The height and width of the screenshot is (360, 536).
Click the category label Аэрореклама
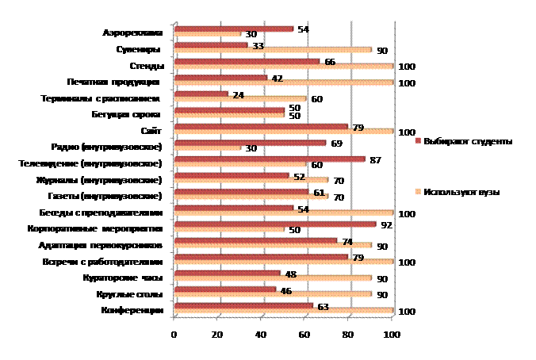(x=133, y=33)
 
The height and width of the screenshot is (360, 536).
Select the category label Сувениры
(x=144, y=50)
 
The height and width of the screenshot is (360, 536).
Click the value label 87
(x=376, y=159)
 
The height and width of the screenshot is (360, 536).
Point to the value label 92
(x=387, y=225)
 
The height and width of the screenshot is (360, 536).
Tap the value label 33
(x=258, y=46)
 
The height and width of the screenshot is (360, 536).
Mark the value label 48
(x=291, y=274)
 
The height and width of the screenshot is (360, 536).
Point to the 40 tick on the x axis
(x=262, y=335)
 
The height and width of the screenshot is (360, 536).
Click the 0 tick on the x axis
(x=174, y=335)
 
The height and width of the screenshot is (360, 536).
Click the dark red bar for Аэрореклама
(x=233, y=29)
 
